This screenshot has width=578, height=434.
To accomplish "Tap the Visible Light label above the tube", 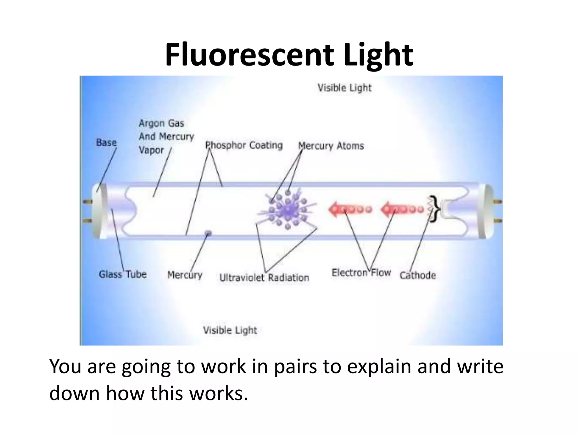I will click(x=344, y=88).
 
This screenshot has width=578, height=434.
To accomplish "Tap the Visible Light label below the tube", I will click(x=230, y=330).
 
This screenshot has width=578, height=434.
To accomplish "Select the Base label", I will click(x=106, y=142).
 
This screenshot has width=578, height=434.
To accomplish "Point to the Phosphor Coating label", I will click(x=244, y=145).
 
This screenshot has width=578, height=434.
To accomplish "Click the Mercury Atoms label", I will click(x=331, y=146).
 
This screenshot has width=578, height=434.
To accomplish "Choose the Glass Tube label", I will click(x=122, y=274).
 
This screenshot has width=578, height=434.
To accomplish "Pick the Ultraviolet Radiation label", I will click(x=264, y=277).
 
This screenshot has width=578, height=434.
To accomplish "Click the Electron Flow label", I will click(x=361, y=273).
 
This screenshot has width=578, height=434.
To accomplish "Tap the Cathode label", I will click(x=418, y=275).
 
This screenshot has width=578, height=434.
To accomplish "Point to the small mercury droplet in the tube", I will click(x=208, y=233).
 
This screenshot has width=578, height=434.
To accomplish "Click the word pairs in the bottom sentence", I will click(x=295, y=367).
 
